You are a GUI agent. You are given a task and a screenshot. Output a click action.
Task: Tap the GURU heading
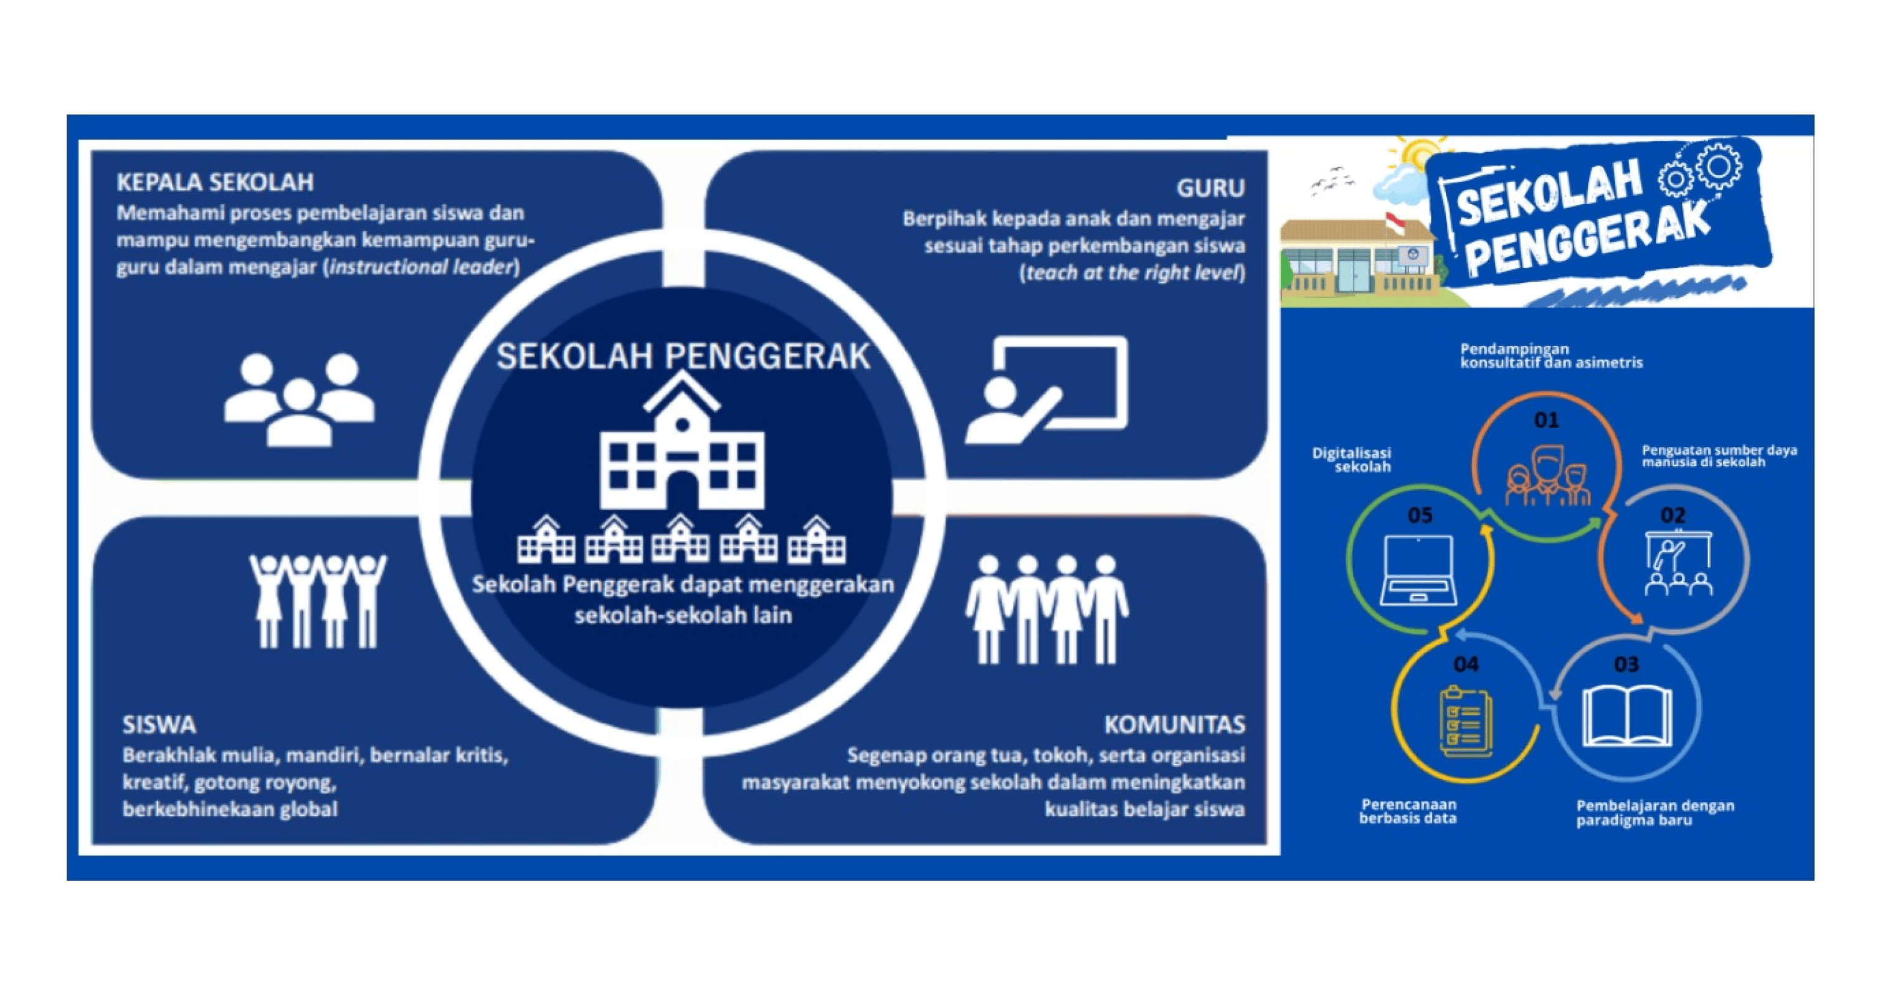1210,188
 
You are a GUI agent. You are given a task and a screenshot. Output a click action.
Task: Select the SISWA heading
159,724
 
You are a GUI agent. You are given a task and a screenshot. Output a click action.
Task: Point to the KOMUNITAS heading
1174,724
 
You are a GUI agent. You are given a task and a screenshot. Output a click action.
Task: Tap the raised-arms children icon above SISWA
318,600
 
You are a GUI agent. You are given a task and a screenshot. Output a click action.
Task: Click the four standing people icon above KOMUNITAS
1047,609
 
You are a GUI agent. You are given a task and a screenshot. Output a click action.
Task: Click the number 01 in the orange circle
1545,421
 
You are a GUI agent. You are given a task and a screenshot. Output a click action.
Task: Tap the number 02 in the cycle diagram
1672,515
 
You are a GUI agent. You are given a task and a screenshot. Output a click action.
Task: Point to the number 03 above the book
1626,664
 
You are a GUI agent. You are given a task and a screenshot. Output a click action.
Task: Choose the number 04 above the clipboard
1466,664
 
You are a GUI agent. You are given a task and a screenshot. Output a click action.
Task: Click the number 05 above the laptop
1420,515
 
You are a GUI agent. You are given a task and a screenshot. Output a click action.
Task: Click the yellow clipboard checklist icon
1466,722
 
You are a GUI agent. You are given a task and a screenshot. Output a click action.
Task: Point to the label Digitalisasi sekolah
1352,460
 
